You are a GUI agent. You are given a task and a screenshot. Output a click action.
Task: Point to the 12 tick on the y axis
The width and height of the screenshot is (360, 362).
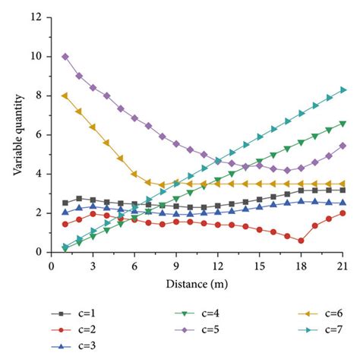click(x=36, y=17)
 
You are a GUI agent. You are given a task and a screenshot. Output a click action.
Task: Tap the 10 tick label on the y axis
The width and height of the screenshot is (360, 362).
click(x=36, y=57)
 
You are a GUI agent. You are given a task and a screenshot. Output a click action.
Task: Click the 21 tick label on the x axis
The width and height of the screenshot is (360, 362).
click(x=344, y=265)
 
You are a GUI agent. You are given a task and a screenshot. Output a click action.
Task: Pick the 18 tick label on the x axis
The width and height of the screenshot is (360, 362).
click(x=302, y=265)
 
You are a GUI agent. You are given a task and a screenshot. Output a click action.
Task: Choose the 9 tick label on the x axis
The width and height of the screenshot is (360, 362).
click(x=176, y=265)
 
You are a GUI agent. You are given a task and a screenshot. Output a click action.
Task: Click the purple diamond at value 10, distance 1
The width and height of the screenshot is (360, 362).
click(x=65, y=57)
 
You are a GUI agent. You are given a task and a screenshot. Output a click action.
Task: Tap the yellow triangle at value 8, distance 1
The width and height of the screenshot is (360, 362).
click(x=65, y=96)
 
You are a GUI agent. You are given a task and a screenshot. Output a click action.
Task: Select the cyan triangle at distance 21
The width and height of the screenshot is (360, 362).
click(x=344, y=90)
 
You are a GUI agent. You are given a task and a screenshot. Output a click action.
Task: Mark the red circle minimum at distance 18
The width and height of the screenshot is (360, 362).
click(x=302, y=241)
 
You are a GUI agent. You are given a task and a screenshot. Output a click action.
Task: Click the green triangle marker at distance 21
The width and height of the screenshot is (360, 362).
click(x=344, y=123)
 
